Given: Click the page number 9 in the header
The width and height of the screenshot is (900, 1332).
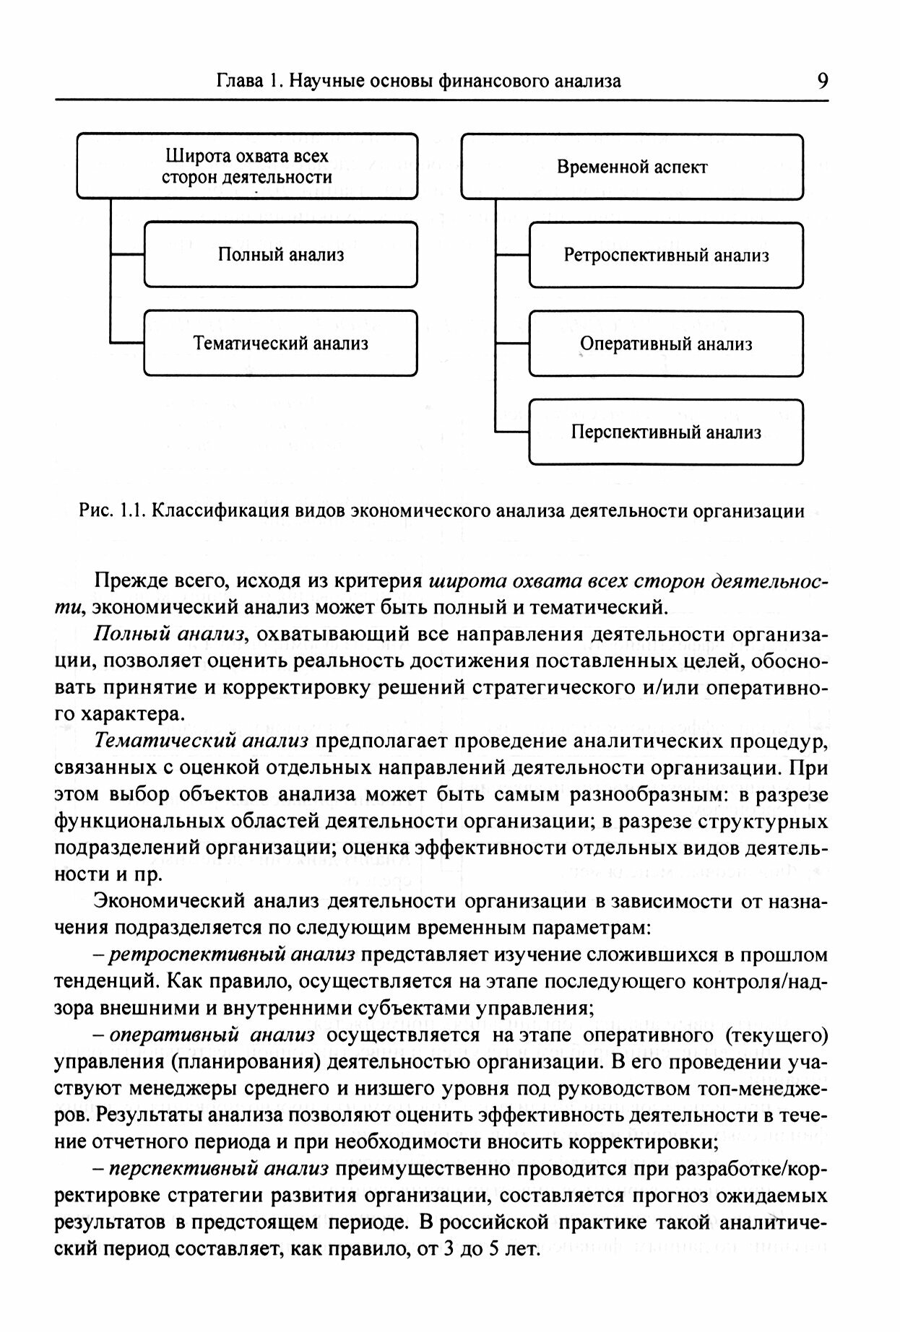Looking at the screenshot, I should point(822,80).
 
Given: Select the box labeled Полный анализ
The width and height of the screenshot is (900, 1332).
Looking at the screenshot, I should point(280,255).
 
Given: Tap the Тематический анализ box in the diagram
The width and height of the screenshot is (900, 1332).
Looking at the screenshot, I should point(280,343).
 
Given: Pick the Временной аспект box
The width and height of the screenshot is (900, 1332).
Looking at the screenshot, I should point(631,167).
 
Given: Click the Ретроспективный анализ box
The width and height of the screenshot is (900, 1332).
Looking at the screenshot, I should point(665,256).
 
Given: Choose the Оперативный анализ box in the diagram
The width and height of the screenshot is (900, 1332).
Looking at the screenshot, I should point(665,344).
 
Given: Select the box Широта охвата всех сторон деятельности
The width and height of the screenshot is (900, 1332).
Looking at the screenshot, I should point(247,166).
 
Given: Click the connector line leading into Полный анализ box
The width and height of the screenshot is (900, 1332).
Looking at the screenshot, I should point(128,254).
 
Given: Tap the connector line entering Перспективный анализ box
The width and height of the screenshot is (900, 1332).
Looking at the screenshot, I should point(512,432).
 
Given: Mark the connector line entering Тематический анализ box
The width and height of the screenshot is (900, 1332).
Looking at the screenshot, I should point(128,342).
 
